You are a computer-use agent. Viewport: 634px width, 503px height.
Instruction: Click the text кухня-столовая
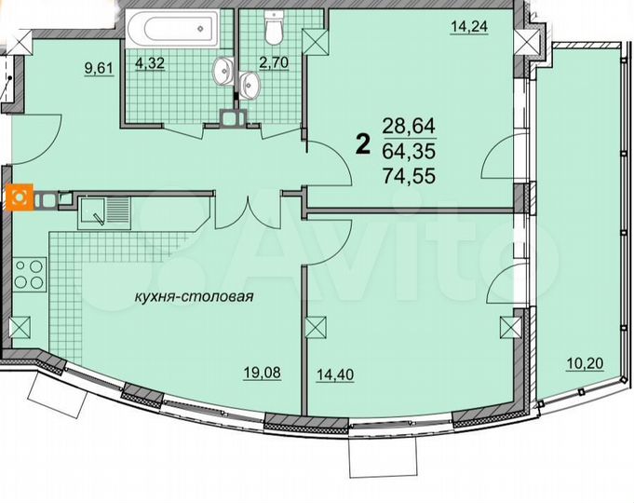coord(193,299)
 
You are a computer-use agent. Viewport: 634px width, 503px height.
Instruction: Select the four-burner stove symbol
coord(29,275)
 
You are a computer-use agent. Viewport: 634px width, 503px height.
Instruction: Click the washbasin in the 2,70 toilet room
coord(250,83)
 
